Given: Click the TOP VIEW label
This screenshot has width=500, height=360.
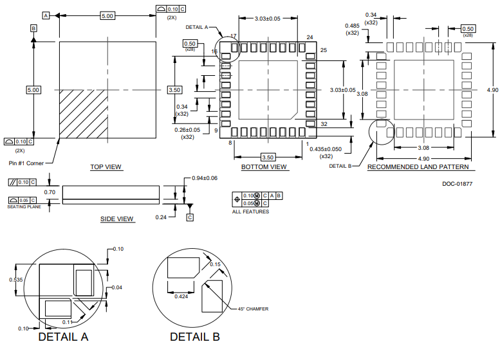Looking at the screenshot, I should coord(106,167).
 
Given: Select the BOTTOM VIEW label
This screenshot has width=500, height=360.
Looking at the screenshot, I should coord(264,167).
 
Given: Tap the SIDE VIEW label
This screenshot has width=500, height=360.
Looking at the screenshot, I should coord(117,219).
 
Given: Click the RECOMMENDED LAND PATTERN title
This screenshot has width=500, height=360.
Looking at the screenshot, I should coord(418,167).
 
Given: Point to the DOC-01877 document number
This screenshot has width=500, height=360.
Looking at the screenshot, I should coord(457,184).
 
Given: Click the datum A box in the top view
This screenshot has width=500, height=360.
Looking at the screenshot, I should coord(46,15).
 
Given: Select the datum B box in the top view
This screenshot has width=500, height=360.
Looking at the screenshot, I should coord(33,28).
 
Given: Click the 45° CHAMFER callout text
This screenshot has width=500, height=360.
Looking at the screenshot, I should coord(253,309).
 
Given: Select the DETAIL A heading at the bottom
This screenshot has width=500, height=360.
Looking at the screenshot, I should coord(63,337).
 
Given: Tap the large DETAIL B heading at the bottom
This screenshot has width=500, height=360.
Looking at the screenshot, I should coord(194,337).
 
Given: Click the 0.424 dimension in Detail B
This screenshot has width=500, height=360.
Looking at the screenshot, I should coord(181,296).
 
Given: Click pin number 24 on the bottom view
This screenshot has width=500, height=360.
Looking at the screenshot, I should coord(310,38).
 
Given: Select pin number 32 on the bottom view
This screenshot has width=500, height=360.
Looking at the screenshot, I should coord(324,123).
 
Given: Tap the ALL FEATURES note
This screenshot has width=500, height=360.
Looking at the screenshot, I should coord(251,212).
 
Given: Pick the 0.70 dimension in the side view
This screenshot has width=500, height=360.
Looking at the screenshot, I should coord(50,192).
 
